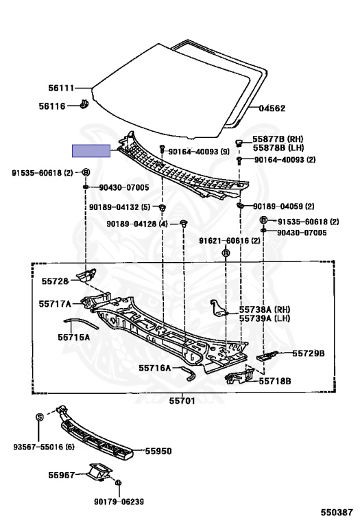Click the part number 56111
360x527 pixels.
(61, 88)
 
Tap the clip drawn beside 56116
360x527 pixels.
(84, 104)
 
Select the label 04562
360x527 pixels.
(272, 108)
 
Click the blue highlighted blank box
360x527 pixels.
(91, 150)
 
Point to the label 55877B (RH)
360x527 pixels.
(278, 139)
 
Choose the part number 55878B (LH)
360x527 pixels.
(278, 148)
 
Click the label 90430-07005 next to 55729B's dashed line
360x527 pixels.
(302, 233)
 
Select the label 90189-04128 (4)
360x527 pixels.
(136, 224)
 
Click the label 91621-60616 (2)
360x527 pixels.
(229, 241)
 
